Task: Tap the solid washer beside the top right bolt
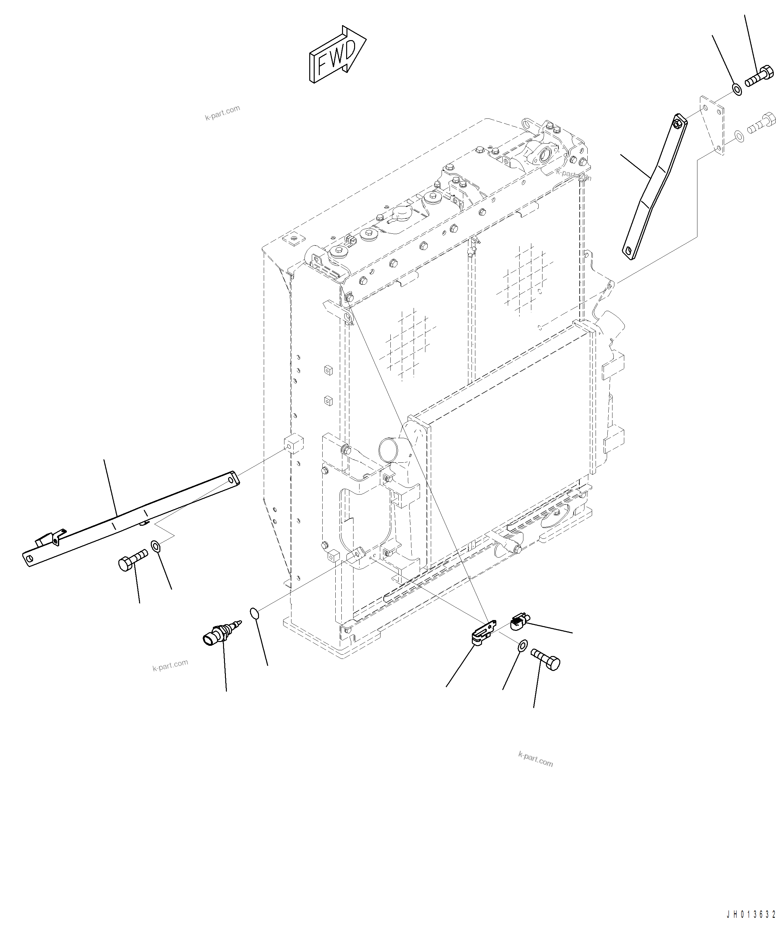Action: tap(736, 89)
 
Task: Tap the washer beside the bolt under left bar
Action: tap(156, 546)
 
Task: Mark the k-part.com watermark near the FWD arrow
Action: tap(222, 112)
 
